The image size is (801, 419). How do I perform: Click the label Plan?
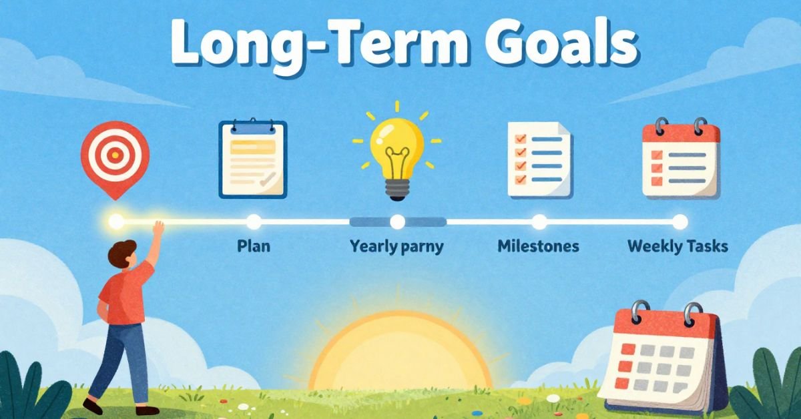(254, 246)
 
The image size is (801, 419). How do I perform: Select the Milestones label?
(538, 246)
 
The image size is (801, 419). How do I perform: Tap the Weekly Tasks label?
(678, 246)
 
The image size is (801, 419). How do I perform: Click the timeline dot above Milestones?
(539, 222)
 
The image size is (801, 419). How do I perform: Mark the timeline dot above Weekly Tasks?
(680, 222)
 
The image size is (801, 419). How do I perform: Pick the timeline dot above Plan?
(254, 222)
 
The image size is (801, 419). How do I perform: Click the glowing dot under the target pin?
(116, 221)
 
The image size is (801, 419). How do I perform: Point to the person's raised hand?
(158, 228)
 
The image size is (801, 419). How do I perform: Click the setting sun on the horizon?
(399, 354)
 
